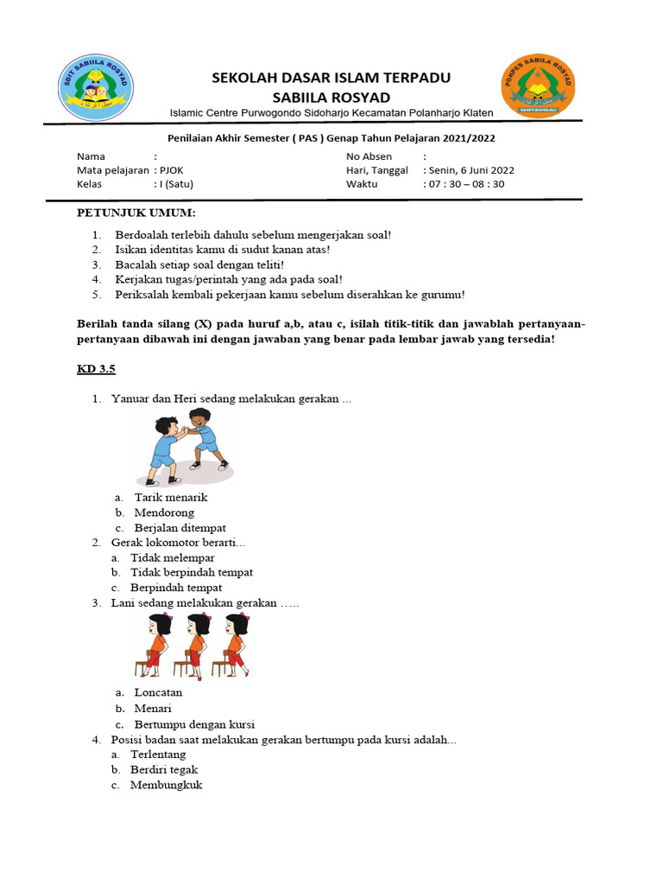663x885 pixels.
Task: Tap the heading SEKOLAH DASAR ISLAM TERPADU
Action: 331,78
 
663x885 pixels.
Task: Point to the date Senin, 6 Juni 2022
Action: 471,170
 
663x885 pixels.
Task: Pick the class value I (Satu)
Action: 174,184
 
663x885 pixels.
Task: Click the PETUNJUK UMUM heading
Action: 136,213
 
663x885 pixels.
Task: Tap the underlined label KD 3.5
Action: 96,369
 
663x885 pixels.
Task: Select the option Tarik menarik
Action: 171,497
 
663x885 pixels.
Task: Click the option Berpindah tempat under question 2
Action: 176,588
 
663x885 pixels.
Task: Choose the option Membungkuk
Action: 167,785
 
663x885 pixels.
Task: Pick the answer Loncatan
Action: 158,692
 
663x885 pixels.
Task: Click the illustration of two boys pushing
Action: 183,447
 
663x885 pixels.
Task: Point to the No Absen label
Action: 369,156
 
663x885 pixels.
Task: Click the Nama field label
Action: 91,156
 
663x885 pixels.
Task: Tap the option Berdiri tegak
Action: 164,769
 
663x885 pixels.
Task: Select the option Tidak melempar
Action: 173,557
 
